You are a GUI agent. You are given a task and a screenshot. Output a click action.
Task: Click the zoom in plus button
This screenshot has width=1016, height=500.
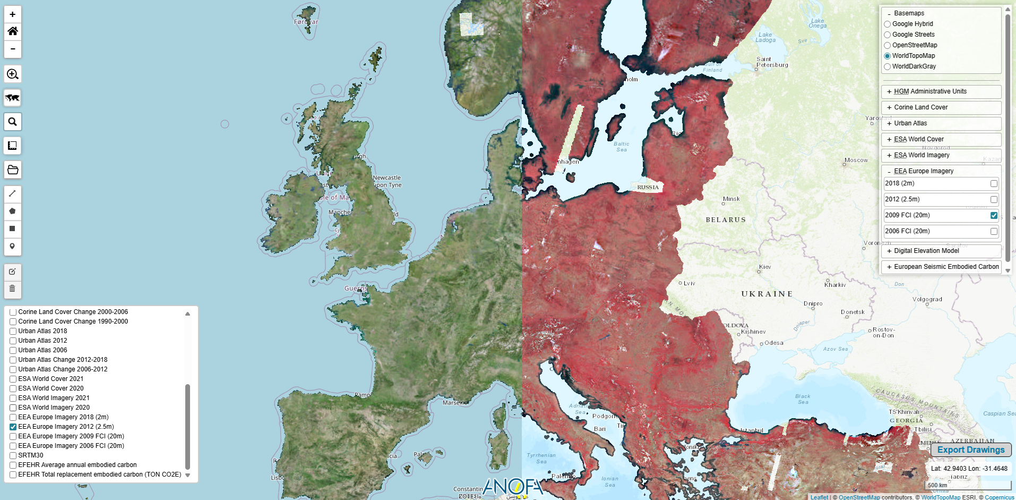coord(13,14)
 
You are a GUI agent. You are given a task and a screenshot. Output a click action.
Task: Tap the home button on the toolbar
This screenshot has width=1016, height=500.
coord(13,31)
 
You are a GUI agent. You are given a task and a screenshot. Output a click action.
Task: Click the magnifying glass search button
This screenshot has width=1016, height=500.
coord(13,122)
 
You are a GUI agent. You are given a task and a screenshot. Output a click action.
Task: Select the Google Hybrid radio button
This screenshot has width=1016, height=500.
coord(887,24)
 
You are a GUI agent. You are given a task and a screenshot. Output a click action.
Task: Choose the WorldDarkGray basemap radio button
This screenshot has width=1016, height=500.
coord(887,66)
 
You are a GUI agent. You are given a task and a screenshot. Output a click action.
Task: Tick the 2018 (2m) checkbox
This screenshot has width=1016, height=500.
coord(994,184)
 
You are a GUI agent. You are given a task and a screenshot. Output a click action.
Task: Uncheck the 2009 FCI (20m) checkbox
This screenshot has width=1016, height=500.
coord(994,216)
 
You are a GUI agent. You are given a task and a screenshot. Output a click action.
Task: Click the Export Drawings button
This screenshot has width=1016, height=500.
coord(970,450)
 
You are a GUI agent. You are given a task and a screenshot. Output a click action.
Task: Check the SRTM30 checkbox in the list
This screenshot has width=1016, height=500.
coord(13,455)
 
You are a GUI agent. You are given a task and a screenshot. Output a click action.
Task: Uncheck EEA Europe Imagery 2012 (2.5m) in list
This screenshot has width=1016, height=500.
coord(13,427)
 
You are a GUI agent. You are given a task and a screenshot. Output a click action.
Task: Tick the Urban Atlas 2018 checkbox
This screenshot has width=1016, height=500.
coord(13,331)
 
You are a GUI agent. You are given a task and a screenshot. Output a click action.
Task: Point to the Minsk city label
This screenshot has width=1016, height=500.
coord(731,199)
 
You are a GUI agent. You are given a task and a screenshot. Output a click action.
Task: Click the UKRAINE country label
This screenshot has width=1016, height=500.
coord(767,294)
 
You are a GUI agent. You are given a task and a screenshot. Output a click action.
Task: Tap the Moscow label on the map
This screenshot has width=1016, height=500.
coord(856,160)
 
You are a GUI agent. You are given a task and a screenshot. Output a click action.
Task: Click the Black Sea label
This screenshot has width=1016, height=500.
coord(803,399)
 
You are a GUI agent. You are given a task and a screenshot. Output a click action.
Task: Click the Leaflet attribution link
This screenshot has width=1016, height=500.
coord(819,497)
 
